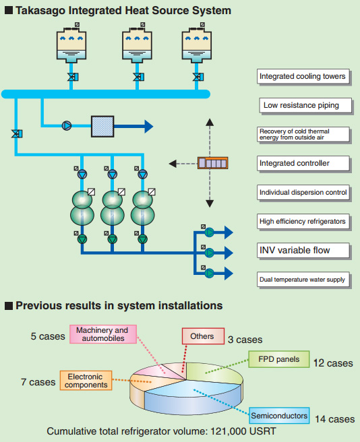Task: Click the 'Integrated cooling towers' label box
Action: [303, 76]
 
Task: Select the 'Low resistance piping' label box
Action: [305, 105]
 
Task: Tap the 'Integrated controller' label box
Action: [303, 163]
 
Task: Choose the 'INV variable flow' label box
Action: [303, 251]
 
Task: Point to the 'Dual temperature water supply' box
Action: [303, 280]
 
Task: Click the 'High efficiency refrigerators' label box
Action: [303, 221]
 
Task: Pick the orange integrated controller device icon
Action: [213, 163]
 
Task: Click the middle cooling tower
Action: [137, 44]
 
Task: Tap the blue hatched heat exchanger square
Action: [102, 127]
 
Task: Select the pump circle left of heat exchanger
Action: [67, 126]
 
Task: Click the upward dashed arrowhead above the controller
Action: [210, 122]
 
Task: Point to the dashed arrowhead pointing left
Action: [173, 164]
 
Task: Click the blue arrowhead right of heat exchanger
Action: [149, 126]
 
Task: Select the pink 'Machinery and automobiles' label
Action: [103, 334]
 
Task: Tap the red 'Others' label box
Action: [203, 336]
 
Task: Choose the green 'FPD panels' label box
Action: [279, 359]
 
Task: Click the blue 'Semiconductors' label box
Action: [279, 416]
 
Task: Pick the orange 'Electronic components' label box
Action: [86, 381]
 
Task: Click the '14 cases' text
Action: [334, 419]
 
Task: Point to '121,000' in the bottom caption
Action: [229, 431]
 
